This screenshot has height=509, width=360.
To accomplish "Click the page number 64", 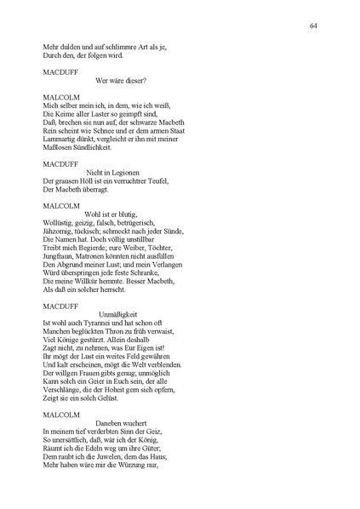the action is click(x=314, y=26).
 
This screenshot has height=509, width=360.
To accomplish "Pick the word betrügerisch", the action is click(x=153, y=223).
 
